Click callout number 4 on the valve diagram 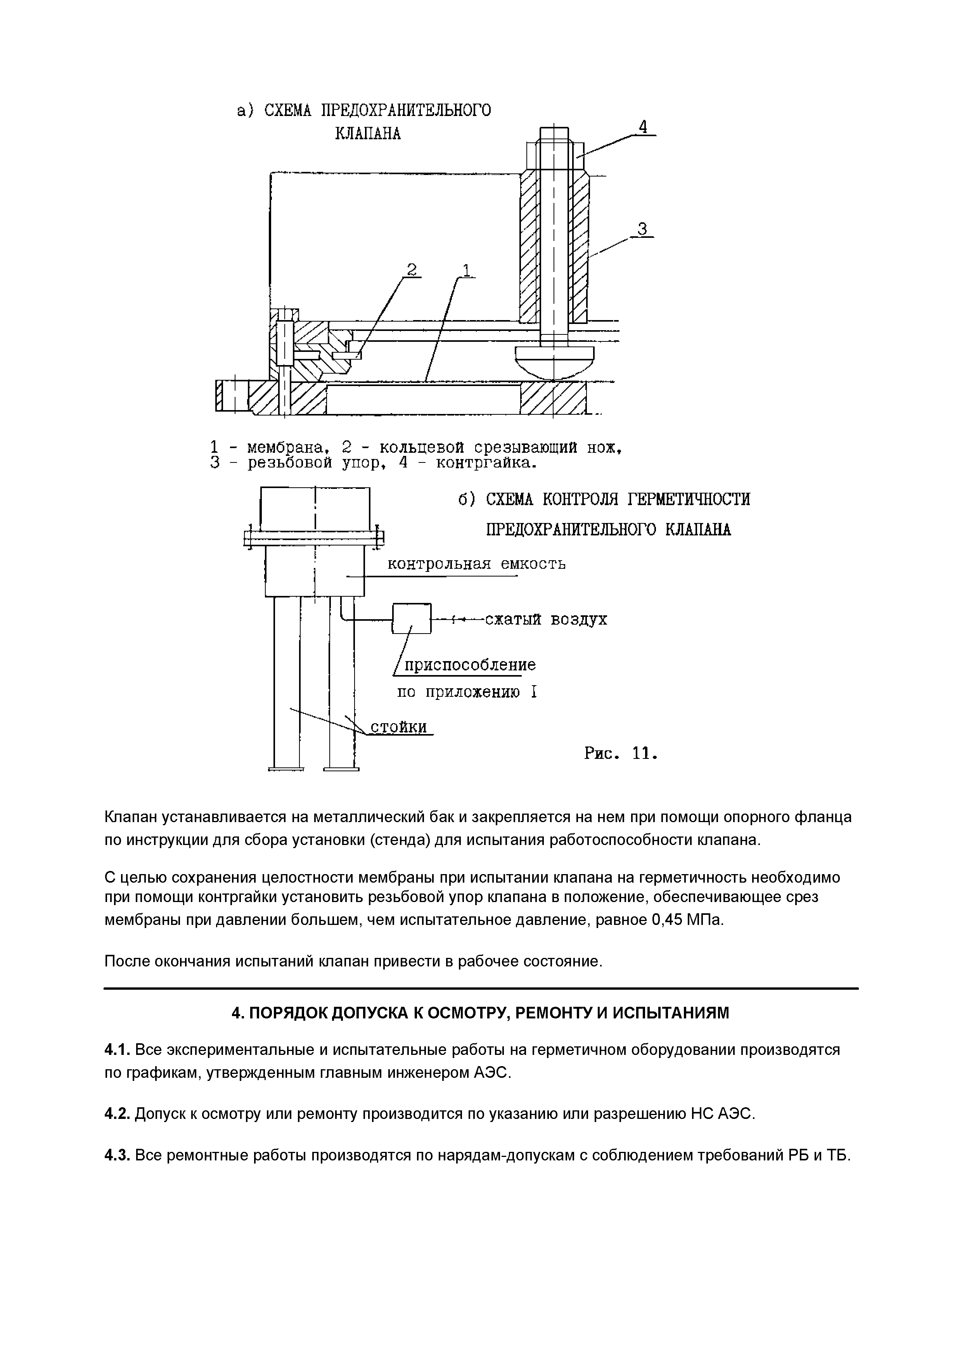pyautogui.click(x=642, y=127)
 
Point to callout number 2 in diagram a pyautogui.click(x=411, y=270)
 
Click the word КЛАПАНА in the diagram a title pyautogui.click(x=367, y=134)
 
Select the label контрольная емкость pyautogui.click(x=476, y=564)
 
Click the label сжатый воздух pyautogui.click(x=546, y=620)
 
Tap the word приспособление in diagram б pyautogui.click(x=469, y=665)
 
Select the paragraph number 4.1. pyautogui.click(x=117, y=1050)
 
